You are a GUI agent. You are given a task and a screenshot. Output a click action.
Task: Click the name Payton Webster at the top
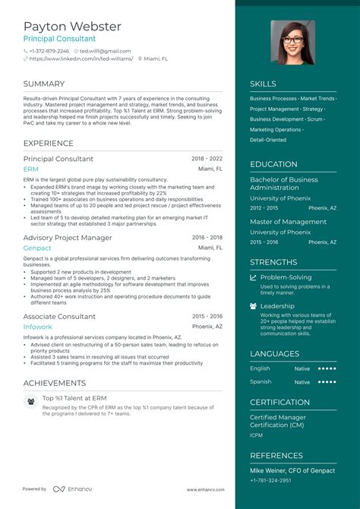click(x=71, y=27)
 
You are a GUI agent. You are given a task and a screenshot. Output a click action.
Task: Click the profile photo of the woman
click(x=292, y=42)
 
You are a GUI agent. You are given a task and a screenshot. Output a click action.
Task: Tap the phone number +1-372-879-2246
click(x=51, y=51)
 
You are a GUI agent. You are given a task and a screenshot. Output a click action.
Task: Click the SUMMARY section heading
click(x=43, y=84)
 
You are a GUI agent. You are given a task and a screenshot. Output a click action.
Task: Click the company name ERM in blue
click(x=31, y=169)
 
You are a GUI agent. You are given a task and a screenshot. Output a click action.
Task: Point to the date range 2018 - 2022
click(x=207, y=159)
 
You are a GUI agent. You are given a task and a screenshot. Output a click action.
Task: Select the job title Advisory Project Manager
click(x=68, y=238)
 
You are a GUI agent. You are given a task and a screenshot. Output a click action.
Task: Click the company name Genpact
click(x=37, y=248)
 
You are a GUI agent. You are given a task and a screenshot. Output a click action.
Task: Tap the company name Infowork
click(x=38, y=327)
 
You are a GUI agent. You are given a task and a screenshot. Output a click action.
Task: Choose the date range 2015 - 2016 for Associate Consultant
click(x=207, y=316)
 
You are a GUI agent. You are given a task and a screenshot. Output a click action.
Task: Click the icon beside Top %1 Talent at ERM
click(x=30, y=400)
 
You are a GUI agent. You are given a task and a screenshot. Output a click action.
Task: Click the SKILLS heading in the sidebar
click(x=263, y=84)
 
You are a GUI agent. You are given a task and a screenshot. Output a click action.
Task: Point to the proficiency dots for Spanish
click(x=327, y=381)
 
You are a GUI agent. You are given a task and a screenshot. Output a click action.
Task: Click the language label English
click(x=260, y=368)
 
